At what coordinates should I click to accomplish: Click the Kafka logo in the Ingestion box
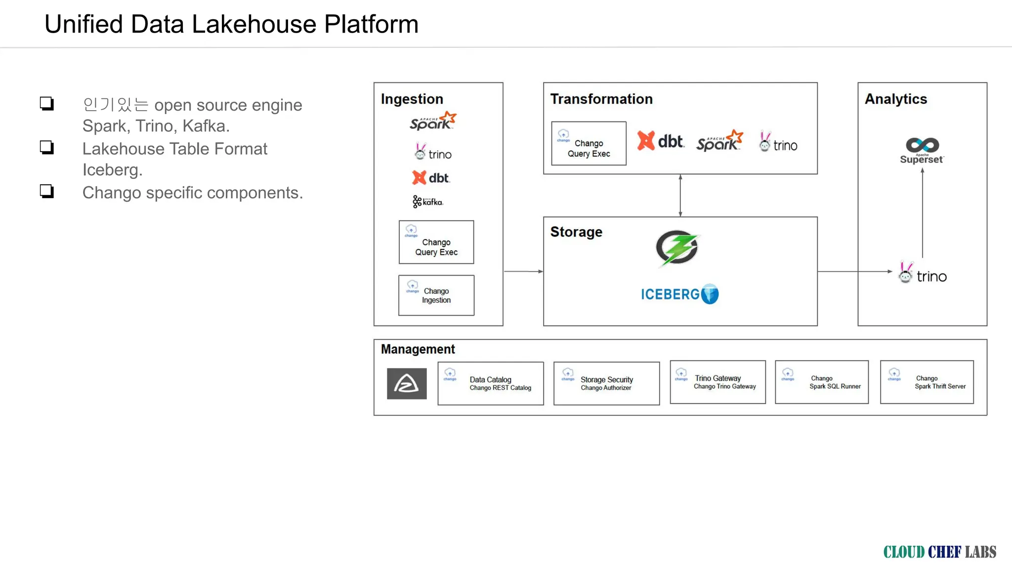pyautogui.click(x=428, y=202)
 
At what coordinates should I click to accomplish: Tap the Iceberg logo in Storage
pyautogui.click(x=680, y=294)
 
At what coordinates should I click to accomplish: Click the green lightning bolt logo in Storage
pyautogui.click(x=677, y=248)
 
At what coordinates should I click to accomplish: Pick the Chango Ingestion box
pyautogui.click(x=436, y=295)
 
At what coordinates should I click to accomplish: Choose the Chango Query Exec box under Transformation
pyautogui.click(x=589, y=143)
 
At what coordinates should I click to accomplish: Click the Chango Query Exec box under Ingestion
pyautogui.click(x=436, y=242)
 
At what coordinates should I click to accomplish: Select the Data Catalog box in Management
pyautogui.click(x=491, y=383)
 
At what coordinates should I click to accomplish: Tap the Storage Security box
pyautogui.click(x=606, y=383)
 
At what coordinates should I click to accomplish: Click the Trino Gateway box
pyautogui.click(x=717, y=382)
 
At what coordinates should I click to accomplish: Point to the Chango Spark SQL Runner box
pyautogui.click(x=822, y=382)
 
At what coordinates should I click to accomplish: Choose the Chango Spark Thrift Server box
pyautogui.click(x=927, y=382)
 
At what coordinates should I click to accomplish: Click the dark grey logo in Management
pyautogui.click(x=407, y=384)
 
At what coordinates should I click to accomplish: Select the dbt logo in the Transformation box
pyautogui.click(x=661, y=141)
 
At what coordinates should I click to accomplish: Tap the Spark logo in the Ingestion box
pyautogui.click(x=433, y=121)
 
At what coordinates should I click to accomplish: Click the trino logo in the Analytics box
pyautogui.click(x=923, y=273)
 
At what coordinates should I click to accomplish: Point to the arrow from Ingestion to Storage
pyautogui.click(x=523, y=271)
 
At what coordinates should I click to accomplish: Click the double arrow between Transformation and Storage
pyautogui.click(x=680, y=196)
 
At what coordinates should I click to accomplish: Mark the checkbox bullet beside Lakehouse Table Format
pyautogui.click(x=47, y=148)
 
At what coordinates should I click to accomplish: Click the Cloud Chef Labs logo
pyautogui.click(x=940, y=552)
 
